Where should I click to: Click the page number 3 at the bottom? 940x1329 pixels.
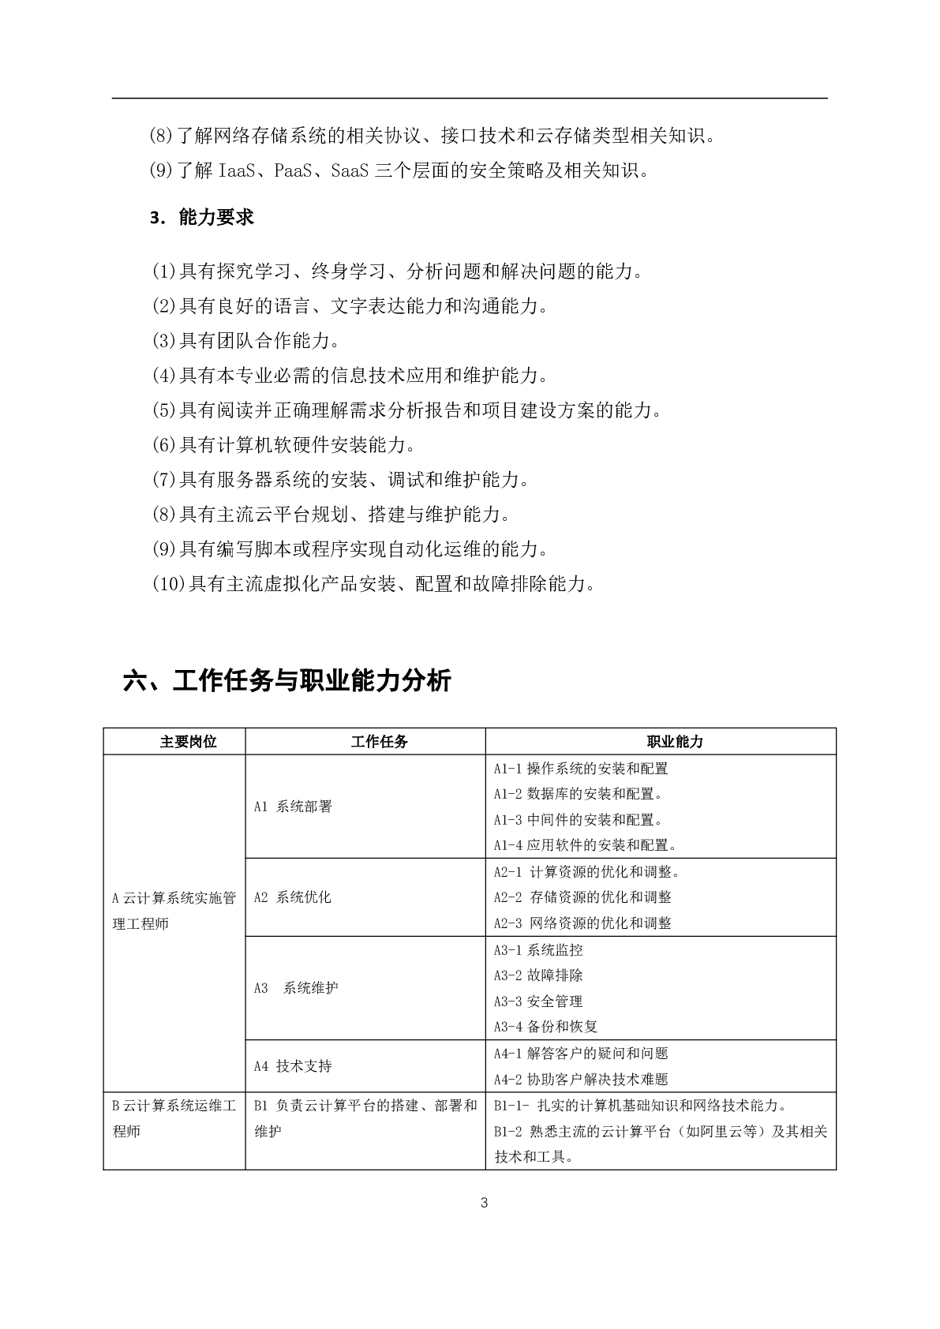pyautogui.click(x=484, y=1203)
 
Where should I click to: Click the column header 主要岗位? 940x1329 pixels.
pyautogui.click(x=188, y=742)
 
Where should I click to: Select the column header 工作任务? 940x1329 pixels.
pyautogui.click(x=380, y=742)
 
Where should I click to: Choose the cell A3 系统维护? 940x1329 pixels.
pyautogui.click(x=296, y=988)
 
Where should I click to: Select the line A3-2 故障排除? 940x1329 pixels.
pyautogui.click(x=538, y=975)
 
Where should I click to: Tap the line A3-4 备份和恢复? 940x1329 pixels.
pyautogui.click(x=545, y=1027)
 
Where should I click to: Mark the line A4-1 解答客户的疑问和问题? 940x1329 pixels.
pyautogui.click(x=581, y=1054)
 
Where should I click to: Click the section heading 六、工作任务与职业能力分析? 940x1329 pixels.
pyautogui.click(x=287, y=680)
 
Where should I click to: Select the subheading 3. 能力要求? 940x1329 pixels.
pyautogui.click(x=202, y=218)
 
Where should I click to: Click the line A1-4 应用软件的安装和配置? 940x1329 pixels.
pyautogui.click(x=586, y=845)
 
